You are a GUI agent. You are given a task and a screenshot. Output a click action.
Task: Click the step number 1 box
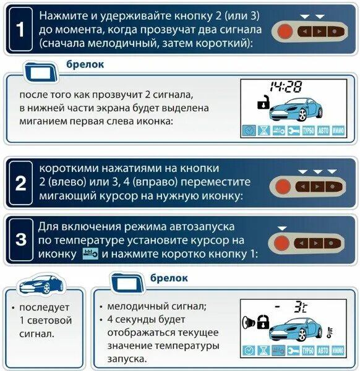20,29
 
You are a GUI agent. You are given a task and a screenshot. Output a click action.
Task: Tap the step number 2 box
20,183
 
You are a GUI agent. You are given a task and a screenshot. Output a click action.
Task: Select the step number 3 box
20,239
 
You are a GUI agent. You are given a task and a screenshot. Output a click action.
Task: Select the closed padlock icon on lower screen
262,322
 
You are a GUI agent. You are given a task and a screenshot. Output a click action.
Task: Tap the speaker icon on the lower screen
248,322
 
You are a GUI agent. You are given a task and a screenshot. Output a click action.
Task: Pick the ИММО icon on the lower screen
338,350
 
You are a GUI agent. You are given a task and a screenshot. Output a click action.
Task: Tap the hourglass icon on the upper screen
264,130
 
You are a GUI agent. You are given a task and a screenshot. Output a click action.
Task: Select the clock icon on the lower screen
249,350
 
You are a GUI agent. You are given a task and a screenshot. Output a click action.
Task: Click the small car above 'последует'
41,285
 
